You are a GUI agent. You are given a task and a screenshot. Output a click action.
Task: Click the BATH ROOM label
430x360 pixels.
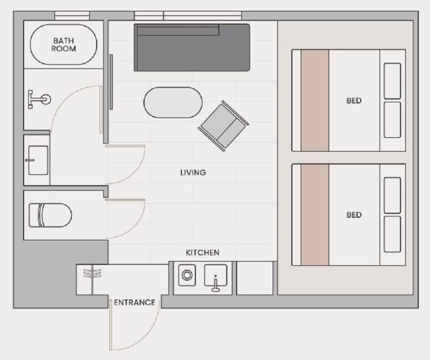click(x=63, y=45)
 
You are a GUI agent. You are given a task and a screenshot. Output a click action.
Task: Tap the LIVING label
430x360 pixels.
click(x=193, y=173)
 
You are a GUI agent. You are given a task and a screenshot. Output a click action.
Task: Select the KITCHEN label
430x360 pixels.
click(x=203, y=253)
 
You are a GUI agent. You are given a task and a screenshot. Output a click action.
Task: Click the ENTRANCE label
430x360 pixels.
click(x=134, y=302)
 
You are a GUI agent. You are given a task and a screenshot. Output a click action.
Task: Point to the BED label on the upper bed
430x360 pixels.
click(x=354, y=101)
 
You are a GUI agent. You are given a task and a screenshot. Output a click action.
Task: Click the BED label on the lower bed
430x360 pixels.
click(x=354, y=215)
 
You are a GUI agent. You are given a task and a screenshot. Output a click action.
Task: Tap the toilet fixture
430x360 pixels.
click(x=50, y=215)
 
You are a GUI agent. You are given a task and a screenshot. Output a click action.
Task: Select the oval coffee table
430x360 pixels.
click(x=173, y=103)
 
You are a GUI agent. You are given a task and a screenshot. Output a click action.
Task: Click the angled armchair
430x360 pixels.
click(x=223, y=126)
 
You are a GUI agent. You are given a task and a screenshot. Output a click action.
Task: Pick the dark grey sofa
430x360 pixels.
click(x=192, y=47)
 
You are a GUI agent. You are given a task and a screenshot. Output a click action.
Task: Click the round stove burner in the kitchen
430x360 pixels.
click(x=187, y=275)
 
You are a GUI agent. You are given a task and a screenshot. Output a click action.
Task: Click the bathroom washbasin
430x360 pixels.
click(x=38, y=160)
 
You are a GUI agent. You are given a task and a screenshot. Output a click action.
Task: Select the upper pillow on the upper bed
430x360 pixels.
click(x=392, y=81)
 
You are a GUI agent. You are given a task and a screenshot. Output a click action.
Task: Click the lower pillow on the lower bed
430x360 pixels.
click(x=392, y=234)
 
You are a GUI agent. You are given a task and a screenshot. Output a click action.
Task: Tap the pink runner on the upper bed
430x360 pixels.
click(x=315, y=100)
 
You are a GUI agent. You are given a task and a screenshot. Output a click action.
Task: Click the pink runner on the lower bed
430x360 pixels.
click(x=315, y=215)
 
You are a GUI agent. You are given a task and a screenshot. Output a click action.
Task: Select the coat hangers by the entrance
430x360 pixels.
click(x=92, y=273)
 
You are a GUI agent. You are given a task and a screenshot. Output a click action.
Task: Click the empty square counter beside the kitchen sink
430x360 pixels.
click(x=255, y=278)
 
